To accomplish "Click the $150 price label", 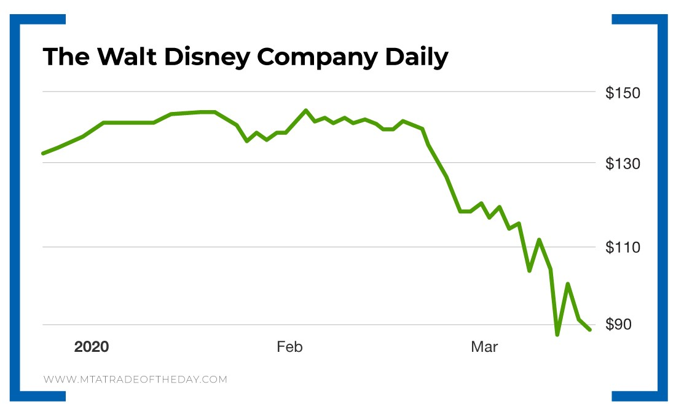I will click(623, 94).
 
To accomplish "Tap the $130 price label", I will click(623, 164).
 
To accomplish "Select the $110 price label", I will click(623, 248).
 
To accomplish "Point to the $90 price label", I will click(623, 325).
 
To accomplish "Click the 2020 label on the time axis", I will click(92, 347).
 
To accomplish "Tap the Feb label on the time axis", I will click(289, 347).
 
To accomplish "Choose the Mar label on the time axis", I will click(484, 347).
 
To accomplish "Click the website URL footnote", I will click(135, 380).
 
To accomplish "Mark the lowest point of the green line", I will click(557, 335).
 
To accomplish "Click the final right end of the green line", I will click(590, 330).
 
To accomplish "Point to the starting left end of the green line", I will click(42, 153).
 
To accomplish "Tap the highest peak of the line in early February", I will click(305, 111).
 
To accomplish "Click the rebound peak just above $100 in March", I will click(568, 284).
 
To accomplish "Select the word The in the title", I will click(64, 57).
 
